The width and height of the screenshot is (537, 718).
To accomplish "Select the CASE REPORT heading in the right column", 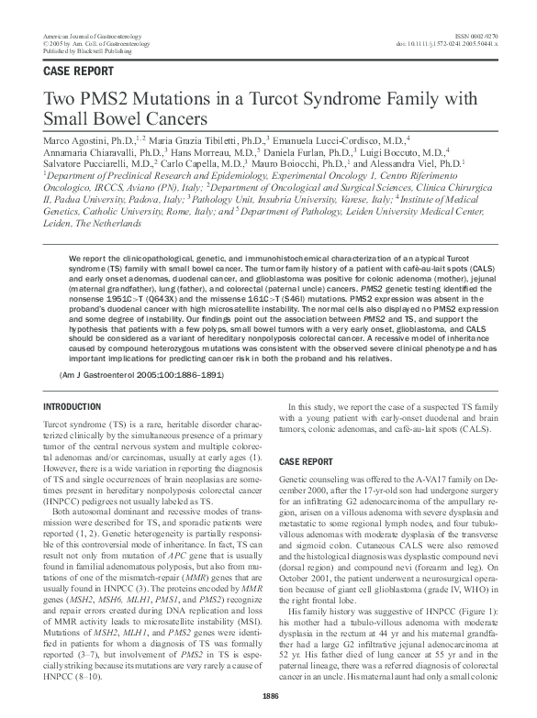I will (x=307, y=461).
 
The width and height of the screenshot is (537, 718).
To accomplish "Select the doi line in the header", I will (x=448, y=42).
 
